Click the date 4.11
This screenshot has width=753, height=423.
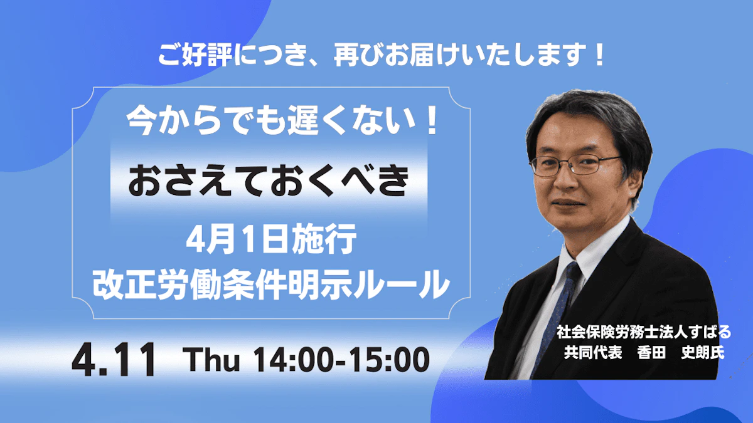[x=114, y=360]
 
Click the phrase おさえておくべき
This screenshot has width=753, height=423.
[x=269, y=182]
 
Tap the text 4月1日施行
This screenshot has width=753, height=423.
[x=271, y=239]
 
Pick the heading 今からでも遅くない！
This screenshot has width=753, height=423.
[x=283, y=120]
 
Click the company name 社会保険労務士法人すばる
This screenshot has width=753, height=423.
[x=644, y=332]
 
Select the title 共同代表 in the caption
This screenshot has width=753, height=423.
[x=593, y=352]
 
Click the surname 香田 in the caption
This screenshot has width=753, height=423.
[x=651, y=352]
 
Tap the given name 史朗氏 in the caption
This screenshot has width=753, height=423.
[x=703, y=352]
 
